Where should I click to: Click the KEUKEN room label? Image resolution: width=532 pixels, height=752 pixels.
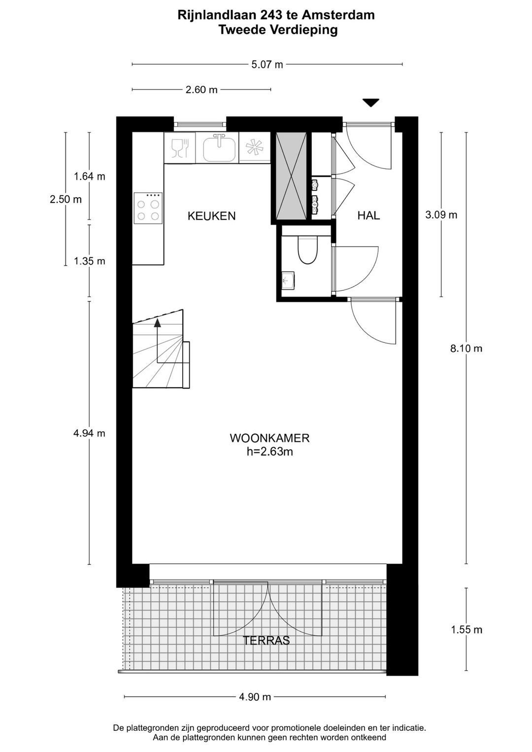(x=211, y=216)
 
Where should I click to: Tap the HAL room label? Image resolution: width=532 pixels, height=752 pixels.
(x=368, y=215)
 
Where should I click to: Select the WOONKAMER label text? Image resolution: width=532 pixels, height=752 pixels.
(x=269, y=438)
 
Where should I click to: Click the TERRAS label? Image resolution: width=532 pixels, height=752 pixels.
(x=266, y=641)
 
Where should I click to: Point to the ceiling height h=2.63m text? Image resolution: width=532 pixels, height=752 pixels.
(x=269, y=451)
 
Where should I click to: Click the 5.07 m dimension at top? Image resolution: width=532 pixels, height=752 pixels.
(x=267, y=65)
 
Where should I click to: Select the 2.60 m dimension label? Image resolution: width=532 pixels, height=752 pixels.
(x=201, y=90)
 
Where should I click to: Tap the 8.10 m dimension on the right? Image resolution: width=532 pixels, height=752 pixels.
(x=466, y=348)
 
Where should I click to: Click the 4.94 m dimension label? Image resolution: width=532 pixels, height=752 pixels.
(x=89, y=433)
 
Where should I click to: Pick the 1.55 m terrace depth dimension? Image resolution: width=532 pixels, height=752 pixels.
(x=466, y=629)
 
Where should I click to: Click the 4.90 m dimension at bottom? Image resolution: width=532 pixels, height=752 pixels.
(x=255, y=697)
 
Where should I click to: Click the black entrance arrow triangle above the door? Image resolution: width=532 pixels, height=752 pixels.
(x=371, y=103)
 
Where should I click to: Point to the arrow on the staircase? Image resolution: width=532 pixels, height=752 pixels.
(x=157, y=323)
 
